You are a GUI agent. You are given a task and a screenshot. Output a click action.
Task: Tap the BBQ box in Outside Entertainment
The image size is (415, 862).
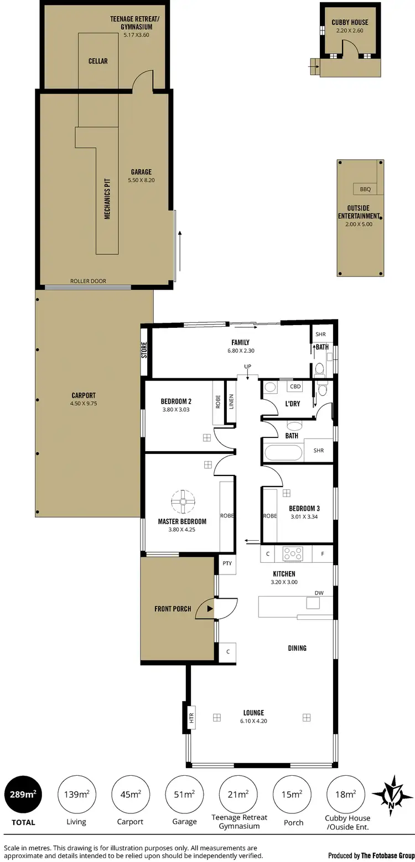point(365,189)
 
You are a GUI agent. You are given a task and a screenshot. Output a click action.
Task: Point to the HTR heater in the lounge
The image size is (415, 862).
point(191,718)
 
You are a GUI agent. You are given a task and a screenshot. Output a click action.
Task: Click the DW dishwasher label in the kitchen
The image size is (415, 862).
point(319,593)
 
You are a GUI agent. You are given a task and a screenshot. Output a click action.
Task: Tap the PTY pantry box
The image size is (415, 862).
point(227,563)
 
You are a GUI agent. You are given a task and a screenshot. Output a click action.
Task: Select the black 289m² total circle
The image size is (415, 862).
point(23,795)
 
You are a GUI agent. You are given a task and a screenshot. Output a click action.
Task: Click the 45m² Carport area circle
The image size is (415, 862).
point(131,795)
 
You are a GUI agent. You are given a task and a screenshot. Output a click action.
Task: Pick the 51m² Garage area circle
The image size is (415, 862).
point(184,795)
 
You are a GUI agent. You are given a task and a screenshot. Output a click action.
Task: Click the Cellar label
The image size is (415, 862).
point(98,61)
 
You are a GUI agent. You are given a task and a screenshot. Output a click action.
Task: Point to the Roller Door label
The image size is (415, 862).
point(88,281)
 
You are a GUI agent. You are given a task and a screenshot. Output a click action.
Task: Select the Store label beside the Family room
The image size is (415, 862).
point(144,351)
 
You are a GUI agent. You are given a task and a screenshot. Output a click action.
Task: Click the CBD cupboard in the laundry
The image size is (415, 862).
point(295,387)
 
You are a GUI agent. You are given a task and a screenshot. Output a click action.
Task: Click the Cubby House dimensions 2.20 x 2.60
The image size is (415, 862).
point(350,31)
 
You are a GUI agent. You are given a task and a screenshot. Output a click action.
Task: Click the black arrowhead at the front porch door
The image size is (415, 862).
point(210,609)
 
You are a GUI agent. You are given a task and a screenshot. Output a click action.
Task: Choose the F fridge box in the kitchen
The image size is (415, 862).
point(323,553)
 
